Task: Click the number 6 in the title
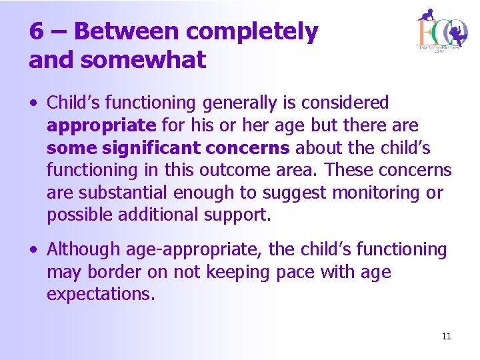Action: click(x=37, y=31)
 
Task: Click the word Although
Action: click(x=78, y=249)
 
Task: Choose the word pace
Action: click(x=312, y=272)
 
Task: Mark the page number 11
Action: click(x=446, y=336)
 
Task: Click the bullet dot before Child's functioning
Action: click(x=33, y=104)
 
